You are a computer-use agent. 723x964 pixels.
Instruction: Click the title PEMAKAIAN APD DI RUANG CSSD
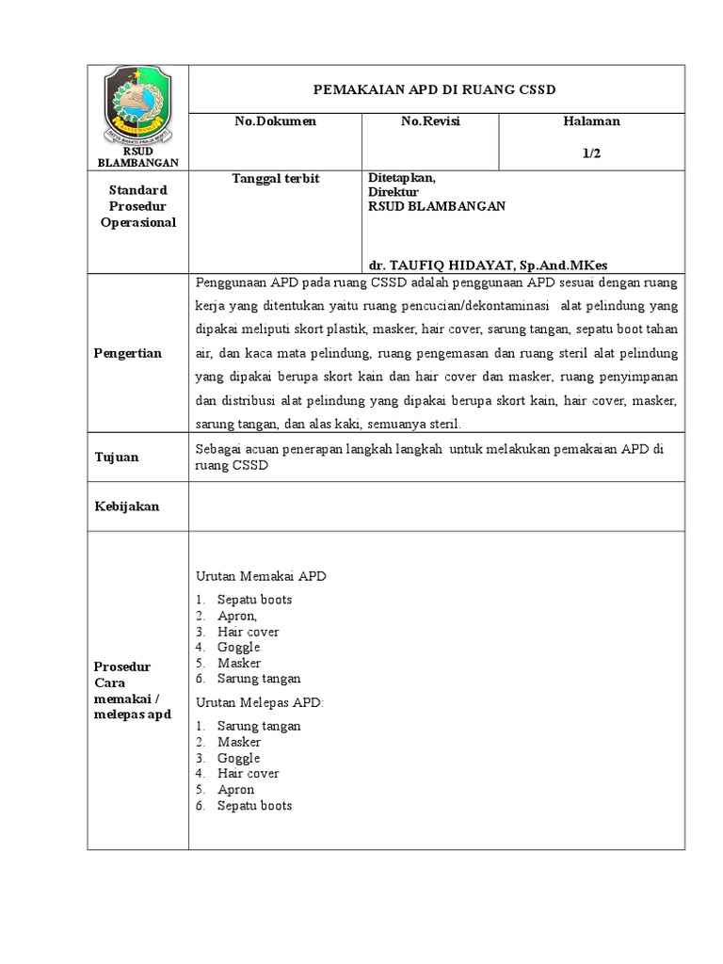click(x=435, y=89)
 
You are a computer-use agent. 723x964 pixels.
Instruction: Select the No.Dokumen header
click(x=276, y=121)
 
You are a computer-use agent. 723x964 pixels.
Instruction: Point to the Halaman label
click(x=591, y=121)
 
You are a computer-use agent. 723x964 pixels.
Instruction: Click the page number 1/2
click(x=591, y=153)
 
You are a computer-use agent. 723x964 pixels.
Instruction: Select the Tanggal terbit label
click(x=276, y=178)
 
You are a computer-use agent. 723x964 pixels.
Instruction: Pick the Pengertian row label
click(x=128, y=353)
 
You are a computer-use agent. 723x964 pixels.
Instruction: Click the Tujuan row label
click(x=117, y=457)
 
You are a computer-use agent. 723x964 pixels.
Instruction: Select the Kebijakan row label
click(x=127, y=506)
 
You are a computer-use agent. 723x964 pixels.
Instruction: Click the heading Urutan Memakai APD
click(x=261, y=576)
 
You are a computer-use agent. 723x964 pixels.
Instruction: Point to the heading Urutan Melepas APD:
click(x=260, y=702)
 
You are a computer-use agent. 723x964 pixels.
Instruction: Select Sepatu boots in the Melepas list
click(x=254, y=806)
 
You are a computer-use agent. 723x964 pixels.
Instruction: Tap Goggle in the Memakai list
click(x=238, y=647)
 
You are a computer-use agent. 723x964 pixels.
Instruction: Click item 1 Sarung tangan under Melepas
click(x=259, y=726)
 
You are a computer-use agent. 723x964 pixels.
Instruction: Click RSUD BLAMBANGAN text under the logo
click(x=137, y=157)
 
